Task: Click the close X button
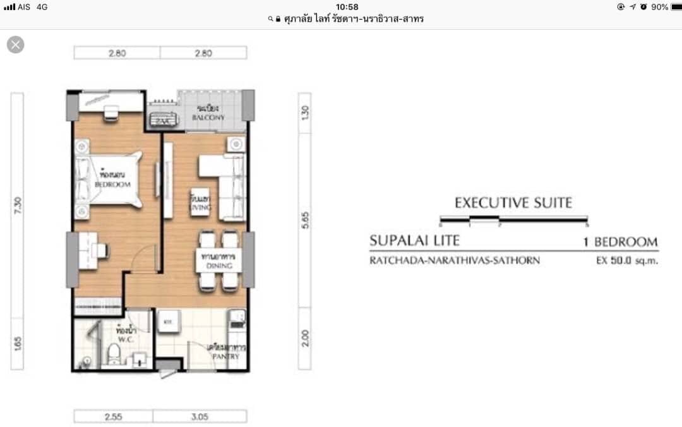16,45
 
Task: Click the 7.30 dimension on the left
18,205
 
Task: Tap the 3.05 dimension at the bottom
200,417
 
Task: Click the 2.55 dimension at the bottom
114,417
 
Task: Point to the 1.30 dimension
305,113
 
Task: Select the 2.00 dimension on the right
305,338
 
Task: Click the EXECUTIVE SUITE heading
513,203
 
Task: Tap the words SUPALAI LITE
414,241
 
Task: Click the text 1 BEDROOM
621,242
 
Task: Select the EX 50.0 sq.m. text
626,260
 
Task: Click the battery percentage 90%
660,7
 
